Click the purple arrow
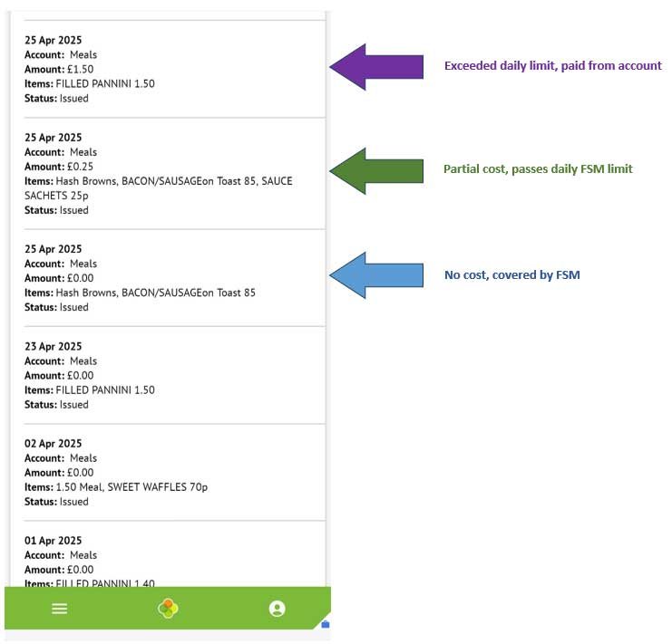375,67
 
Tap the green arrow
375,170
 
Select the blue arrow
375,275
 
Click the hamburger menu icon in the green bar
60,609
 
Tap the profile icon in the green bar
277,609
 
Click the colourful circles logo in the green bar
168,609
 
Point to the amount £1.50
80,70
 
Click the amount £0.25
80,167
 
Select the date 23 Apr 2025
54,346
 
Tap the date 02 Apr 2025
54,443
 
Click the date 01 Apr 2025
54,541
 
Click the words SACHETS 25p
56,196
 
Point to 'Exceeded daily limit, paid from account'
553,66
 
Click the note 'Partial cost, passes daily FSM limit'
538,169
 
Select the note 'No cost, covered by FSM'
512,274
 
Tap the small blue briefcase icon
326,624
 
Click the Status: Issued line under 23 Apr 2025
56,404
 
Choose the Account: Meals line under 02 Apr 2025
61,457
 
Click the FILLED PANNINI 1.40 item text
105,582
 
